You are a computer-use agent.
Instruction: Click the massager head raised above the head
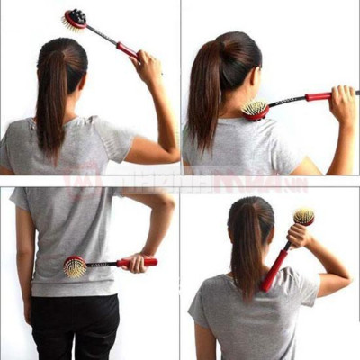[75, 19]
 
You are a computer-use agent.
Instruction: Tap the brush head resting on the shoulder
[255, 110]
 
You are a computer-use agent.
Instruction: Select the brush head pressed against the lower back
[75, 266]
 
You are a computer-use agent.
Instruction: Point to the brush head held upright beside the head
[304, 217]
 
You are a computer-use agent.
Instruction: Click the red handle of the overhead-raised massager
[127, 49]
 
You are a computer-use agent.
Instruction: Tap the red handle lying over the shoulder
[319, 96]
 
